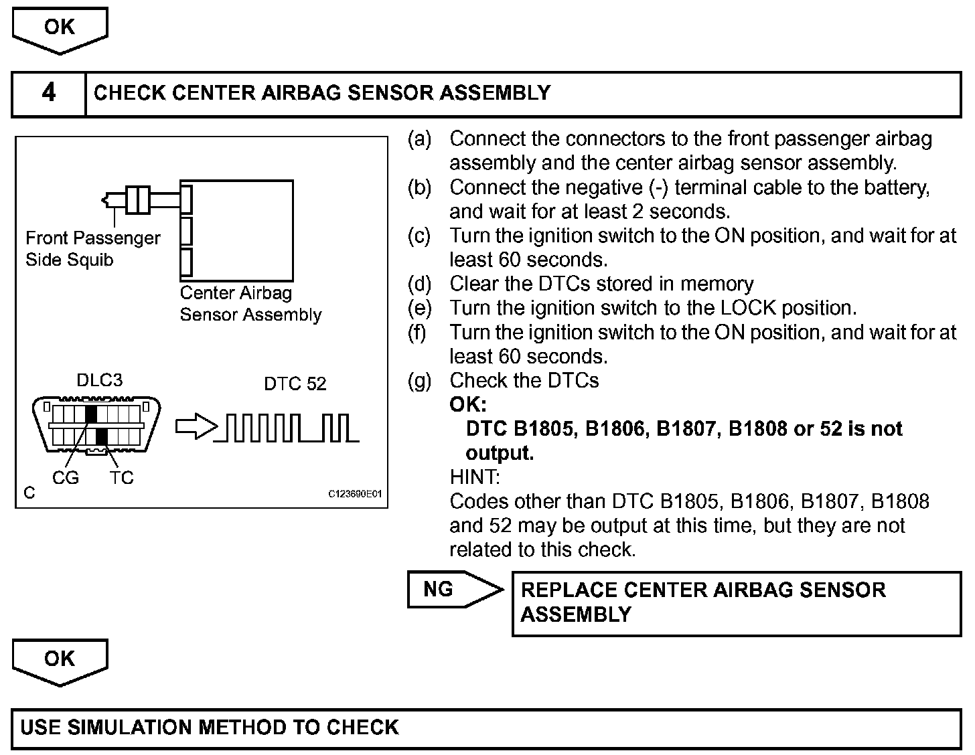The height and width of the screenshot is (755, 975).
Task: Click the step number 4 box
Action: click(48, 93)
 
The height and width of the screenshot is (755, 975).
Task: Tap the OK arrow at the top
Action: click(60, 29)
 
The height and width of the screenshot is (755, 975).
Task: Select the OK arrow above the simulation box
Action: click(60, 660)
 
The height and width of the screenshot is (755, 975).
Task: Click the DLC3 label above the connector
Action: click(100, 380)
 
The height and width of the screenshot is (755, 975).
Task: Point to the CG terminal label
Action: click(66, 477)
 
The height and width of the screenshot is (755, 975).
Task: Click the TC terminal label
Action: click(122, 477)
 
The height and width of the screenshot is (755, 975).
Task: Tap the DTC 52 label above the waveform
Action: click(295, 384)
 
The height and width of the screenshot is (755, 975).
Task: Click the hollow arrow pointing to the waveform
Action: click(196, 426)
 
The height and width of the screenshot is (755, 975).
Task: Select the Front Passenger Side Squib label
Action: click(92, 249)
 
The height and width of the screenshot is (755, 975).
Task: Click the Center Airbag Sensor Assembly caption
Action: click(250, 304)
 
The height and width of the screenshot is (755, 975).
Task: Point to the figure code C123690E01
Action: click(354, 494)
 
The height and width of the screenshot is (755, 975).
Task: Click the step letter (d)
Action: click(419, 284)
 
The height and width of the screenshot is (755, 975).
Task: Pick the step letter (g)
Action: click(419, 381)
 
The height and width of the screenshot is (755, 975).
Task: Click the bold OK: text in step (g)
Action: click(467, 405)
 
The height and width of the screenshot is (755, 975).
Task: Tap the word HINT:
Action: click(474, 477)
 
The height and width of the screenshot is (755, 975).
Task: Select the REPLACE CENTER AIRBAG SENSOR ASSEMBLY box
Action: click(736, 602)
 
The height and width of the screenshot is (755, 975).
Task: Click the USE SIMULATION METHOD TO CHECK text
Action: click(210, 728)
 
